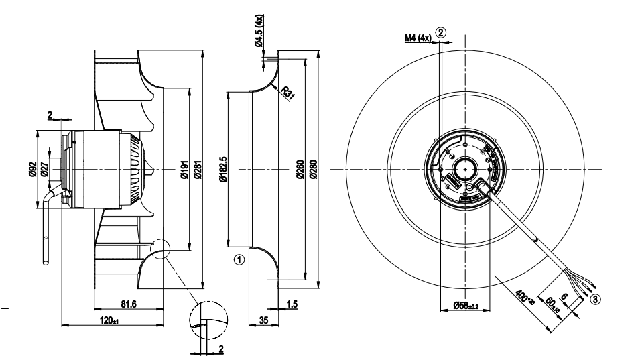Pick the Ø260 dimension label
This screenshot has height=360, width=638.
pos(300,167)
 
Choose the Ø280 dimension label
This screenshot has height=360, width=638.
pos(312,167)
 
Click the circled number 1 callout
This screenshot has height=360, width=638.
pos(238,257)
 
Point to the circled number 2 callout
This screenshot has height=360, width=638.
pos(440,32)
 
